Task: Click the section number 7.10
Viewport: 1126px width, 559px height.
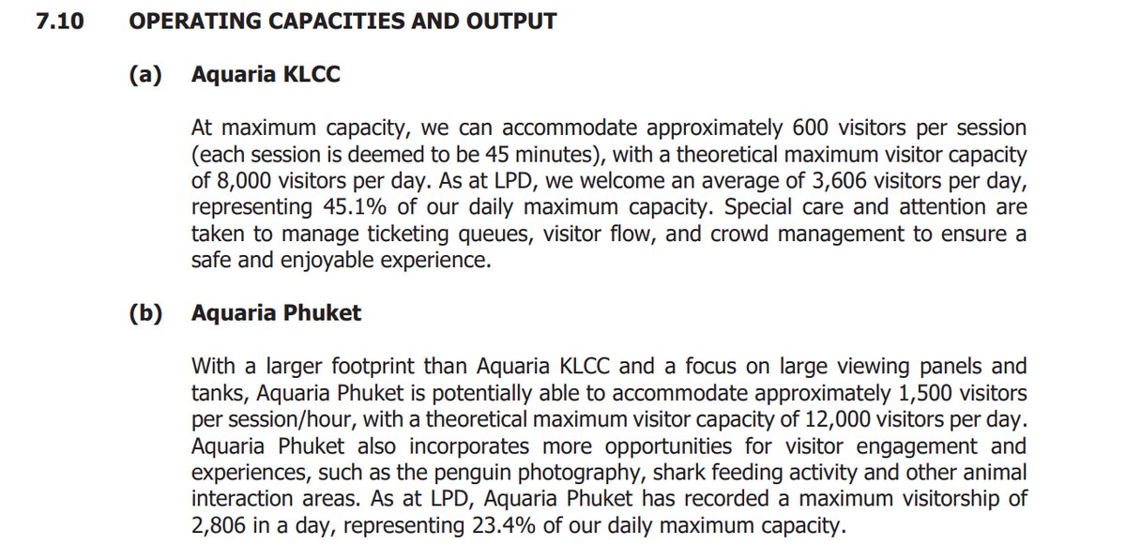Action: (59, 21)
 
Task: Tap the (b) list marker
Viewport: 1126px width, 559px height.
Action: (145, 312)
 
